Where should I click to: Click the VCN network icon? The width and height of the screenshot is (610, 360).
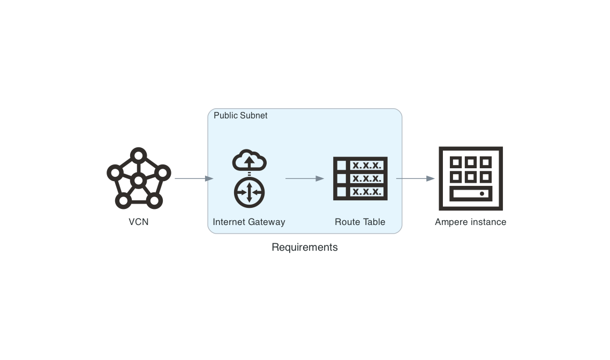point(139,178)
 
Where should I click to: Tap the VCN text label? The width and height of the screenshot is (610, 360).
point(139,222)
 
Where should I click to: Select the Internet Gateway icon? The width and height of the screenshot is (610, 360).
point(249,179)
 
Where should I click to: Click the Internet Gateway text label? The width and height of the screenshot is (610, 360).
point(249,222)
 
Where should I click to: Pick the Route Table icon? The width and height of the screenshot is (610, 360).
point(360,178)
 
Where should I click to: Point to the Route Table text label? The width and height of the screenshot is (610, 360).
point(360,222)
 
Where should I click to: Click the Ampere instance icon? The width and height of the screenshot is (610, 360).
point(471,178)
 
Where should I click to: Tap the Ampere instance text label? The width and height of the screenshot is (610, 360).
point(471,222)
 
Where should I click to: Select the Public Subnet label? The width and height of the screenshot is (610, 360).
point(240,116)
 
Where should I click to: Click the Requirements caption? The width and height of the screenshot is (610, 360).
point(305,247)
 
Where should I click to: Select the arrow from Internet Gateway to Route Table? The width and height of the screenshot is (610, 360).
point(305,178)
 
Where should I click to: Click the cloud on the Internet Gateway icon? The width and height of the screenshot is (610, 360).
point(249,161)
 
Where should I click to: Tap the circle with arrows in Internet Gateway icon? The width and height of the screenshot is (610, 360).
point(249,192)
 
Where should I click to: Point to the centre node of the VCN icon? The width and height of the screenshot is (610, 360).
point(139,181)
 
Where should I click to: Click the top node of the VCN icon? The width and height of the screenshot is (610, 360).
point(139,155)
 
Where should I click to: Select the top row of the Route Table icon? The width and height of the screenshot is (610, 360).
point(360,165)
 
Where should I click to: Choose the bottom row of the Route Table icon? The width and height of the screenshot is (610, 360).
point(360,192)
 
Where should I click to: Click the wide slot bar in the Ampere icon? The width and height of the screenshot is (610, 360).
point(471,193)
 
